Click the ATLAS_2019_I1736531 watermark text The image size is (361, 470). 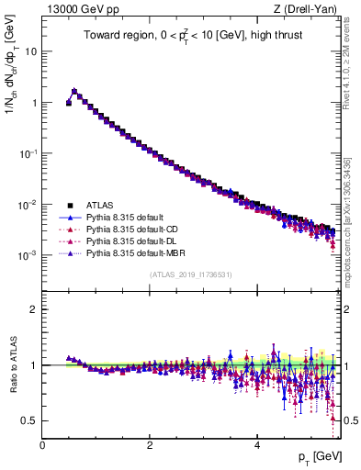(x=191, y=275)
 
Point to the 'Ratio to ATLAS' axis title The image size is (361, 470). (x=12, y=364)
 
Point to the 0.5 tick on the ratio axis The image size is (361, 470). (x=29, y=420)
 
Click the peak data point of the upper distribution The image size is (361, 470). (x=74, y=91)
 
